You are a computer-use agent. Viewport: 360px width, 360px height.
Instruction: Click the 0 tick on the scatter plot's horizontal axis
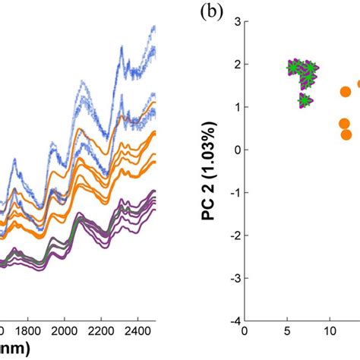[x=245, y=331]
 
